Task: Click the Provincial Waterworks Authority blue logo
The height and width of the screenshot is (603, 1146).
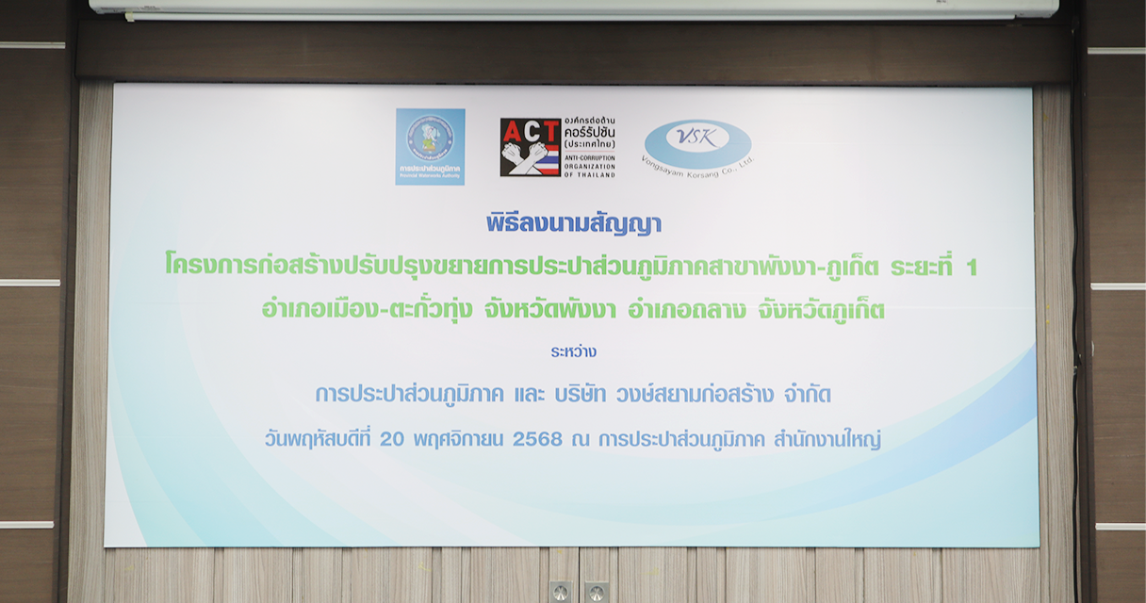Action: point(430,146)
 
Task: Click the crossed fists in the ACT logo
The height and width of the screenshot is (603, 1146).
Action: point(524,156)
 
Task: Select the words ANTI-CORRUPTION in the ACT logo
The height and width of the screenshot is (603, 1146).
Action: point(589,156)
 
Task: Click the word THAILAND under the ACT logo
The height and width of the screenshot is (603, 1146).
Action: point(595,174)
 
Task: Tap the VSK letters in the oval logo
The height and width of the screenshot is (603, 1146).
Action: point(697,138)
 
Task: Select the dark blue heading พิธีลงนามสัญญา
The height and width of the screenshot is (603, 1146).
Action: point(574,224)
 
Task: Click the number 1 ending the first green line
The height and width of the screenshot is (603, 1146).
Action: point(971,268)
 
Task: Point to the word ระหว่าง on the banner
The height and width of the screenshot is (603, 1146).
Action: point(574,351)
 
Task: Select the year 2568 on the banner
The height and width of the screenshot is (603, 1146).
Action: point(536,440)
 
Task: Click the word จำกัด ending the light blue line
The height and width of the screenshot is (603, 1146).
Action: point(806,395)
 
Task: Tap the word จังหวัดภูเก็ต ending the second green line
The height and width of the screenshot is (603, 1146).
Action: point(821,310)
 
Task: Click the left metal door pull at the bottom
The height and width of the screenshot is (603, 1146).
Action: point(560,592)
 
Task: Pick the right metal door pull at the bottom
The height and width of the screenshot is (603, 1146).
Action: point(595,592)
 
